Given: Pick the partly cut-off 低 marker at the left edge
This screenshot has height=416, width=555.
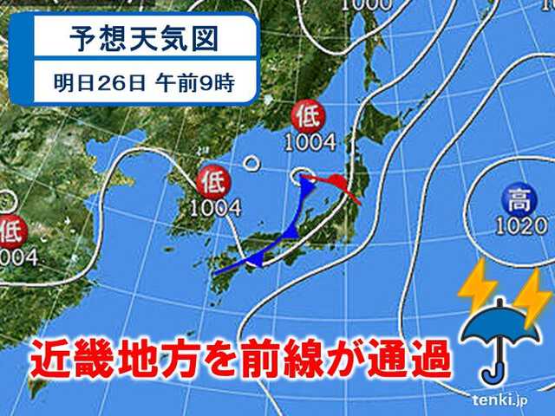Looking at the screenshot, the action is click(x=10, y=231).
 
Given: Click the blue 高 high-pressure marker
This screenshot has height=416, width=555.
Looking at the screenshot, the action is click(x=519, y=203).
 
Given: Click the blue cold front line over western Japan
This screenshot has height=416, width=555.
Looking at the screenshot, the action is click(x=260, y=251).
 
